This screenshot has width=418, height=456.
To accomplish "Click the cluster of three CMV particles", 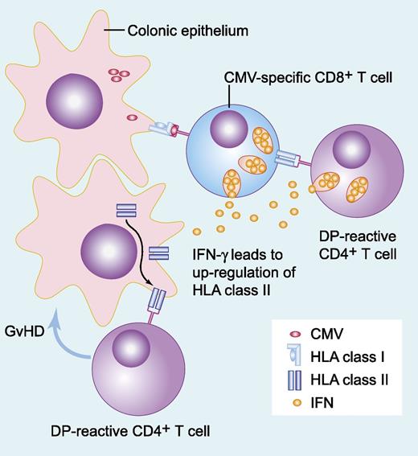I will click(x=120, y=76).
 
